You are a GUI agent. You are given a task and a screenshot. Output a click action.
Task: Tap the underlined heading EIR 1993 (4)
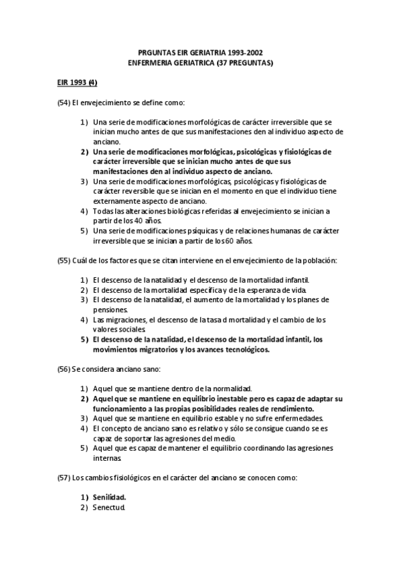tap(76, 83)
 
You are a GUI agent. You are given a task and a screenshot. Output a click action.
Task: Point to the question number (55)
tap(64, 259)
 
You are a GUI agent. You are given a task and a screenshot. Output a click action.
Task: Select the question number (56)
tap(64, 369)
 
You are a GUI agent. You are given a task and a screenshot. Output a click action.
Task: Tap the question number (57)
tap(64, 478)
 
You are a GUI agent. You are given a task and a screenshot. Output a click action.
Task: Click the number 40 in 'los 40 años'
tap(139, 220)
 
